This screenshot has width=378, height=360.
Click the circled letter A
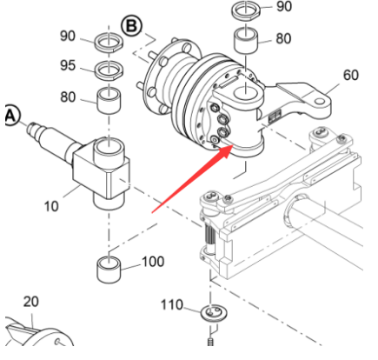click(10, 116)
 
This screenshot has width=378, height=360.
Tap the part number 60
click(350, 76)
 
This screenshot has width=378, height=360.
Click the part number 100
click(153, 261)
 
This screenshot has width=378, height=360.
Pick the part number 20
click(30, 302)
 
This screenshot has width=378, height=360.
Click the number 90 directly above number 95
click(68, 38)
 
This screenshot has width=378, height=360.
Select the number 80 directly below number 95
click(68, 98)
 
